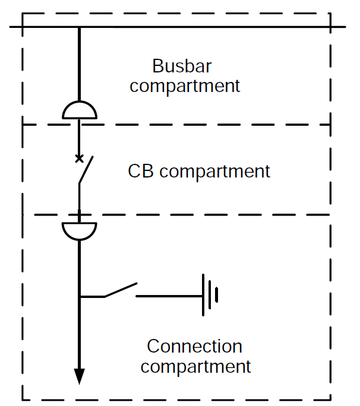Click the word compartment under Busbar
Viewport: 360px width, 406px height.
(x=185, y=85)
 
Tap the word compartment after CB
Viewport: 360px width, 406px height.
(x=215, y=172)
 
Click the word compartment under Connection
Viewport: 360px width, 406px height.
(x=195, y=366)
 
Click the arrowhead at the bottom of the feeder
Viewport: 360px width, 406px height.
(x=79, y=376)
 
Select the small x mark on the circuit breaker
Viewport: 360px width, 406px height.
(x=78, y=158)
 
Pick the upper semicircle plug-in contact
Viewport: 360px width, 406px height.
(x=79, y=110)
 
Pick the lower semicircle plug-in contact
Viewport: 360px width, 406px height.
(x=79, y=231)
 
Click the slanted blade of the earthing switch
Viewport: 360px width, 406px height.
(x=121, y=290)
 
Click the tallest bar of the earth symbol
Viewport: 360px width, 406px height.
(x=204, y=295)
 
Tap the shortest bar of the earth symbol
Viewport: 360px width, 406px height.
(x=217, y=295)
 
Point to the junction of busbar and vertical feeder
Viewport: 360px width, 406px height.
(x=79, y=27)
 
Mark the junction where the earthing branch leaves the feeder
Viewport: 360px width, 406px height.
(x=79, y=296)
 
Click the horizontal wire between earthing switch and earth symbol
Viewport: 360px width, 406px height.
(x=169, y=295)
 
